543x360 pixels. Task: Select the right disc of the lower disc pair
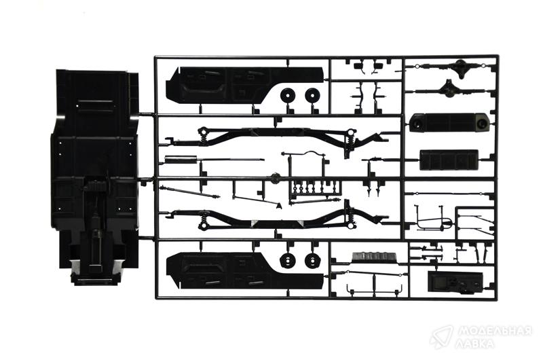tap(312, 260)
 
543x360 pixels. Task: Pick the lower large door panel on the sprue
tap(244, 270)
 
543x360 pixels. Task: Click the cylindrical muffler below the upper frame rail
tap(181, 159)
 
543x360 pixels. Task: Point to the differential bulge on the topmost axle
tap(461, 65)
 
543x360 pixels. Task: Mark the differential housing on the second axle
tap(449, 88)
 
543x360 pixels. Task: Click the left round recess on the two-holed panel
tap(416, 123)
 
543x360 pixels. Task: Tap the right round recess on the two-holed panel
tap(482, 123)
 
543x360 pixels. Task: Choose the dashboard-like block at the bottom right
tap(455, 281)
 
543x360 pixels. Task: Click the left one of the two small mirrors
tap(358, 65)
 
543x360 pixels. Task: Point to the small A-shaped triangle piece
tap(279, 206)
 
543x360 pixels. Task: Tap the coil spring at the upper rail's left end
tap(204, 137)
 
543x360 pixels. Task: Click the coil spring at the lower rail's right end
tap(350, 216)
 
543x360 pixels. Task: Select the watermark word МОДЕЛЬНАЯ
tap(494, 331)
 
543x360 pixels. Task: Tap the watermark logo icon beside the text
tap(441, 337)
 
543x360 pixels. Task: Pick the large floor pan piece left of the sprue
tap(95, 177)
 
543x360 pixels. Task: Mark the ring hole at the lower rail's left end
tap(203, 226)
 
